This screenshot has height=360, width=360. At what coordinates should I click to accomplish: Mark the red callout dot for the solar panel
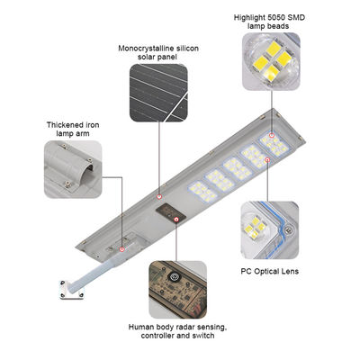coord(160,195)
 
